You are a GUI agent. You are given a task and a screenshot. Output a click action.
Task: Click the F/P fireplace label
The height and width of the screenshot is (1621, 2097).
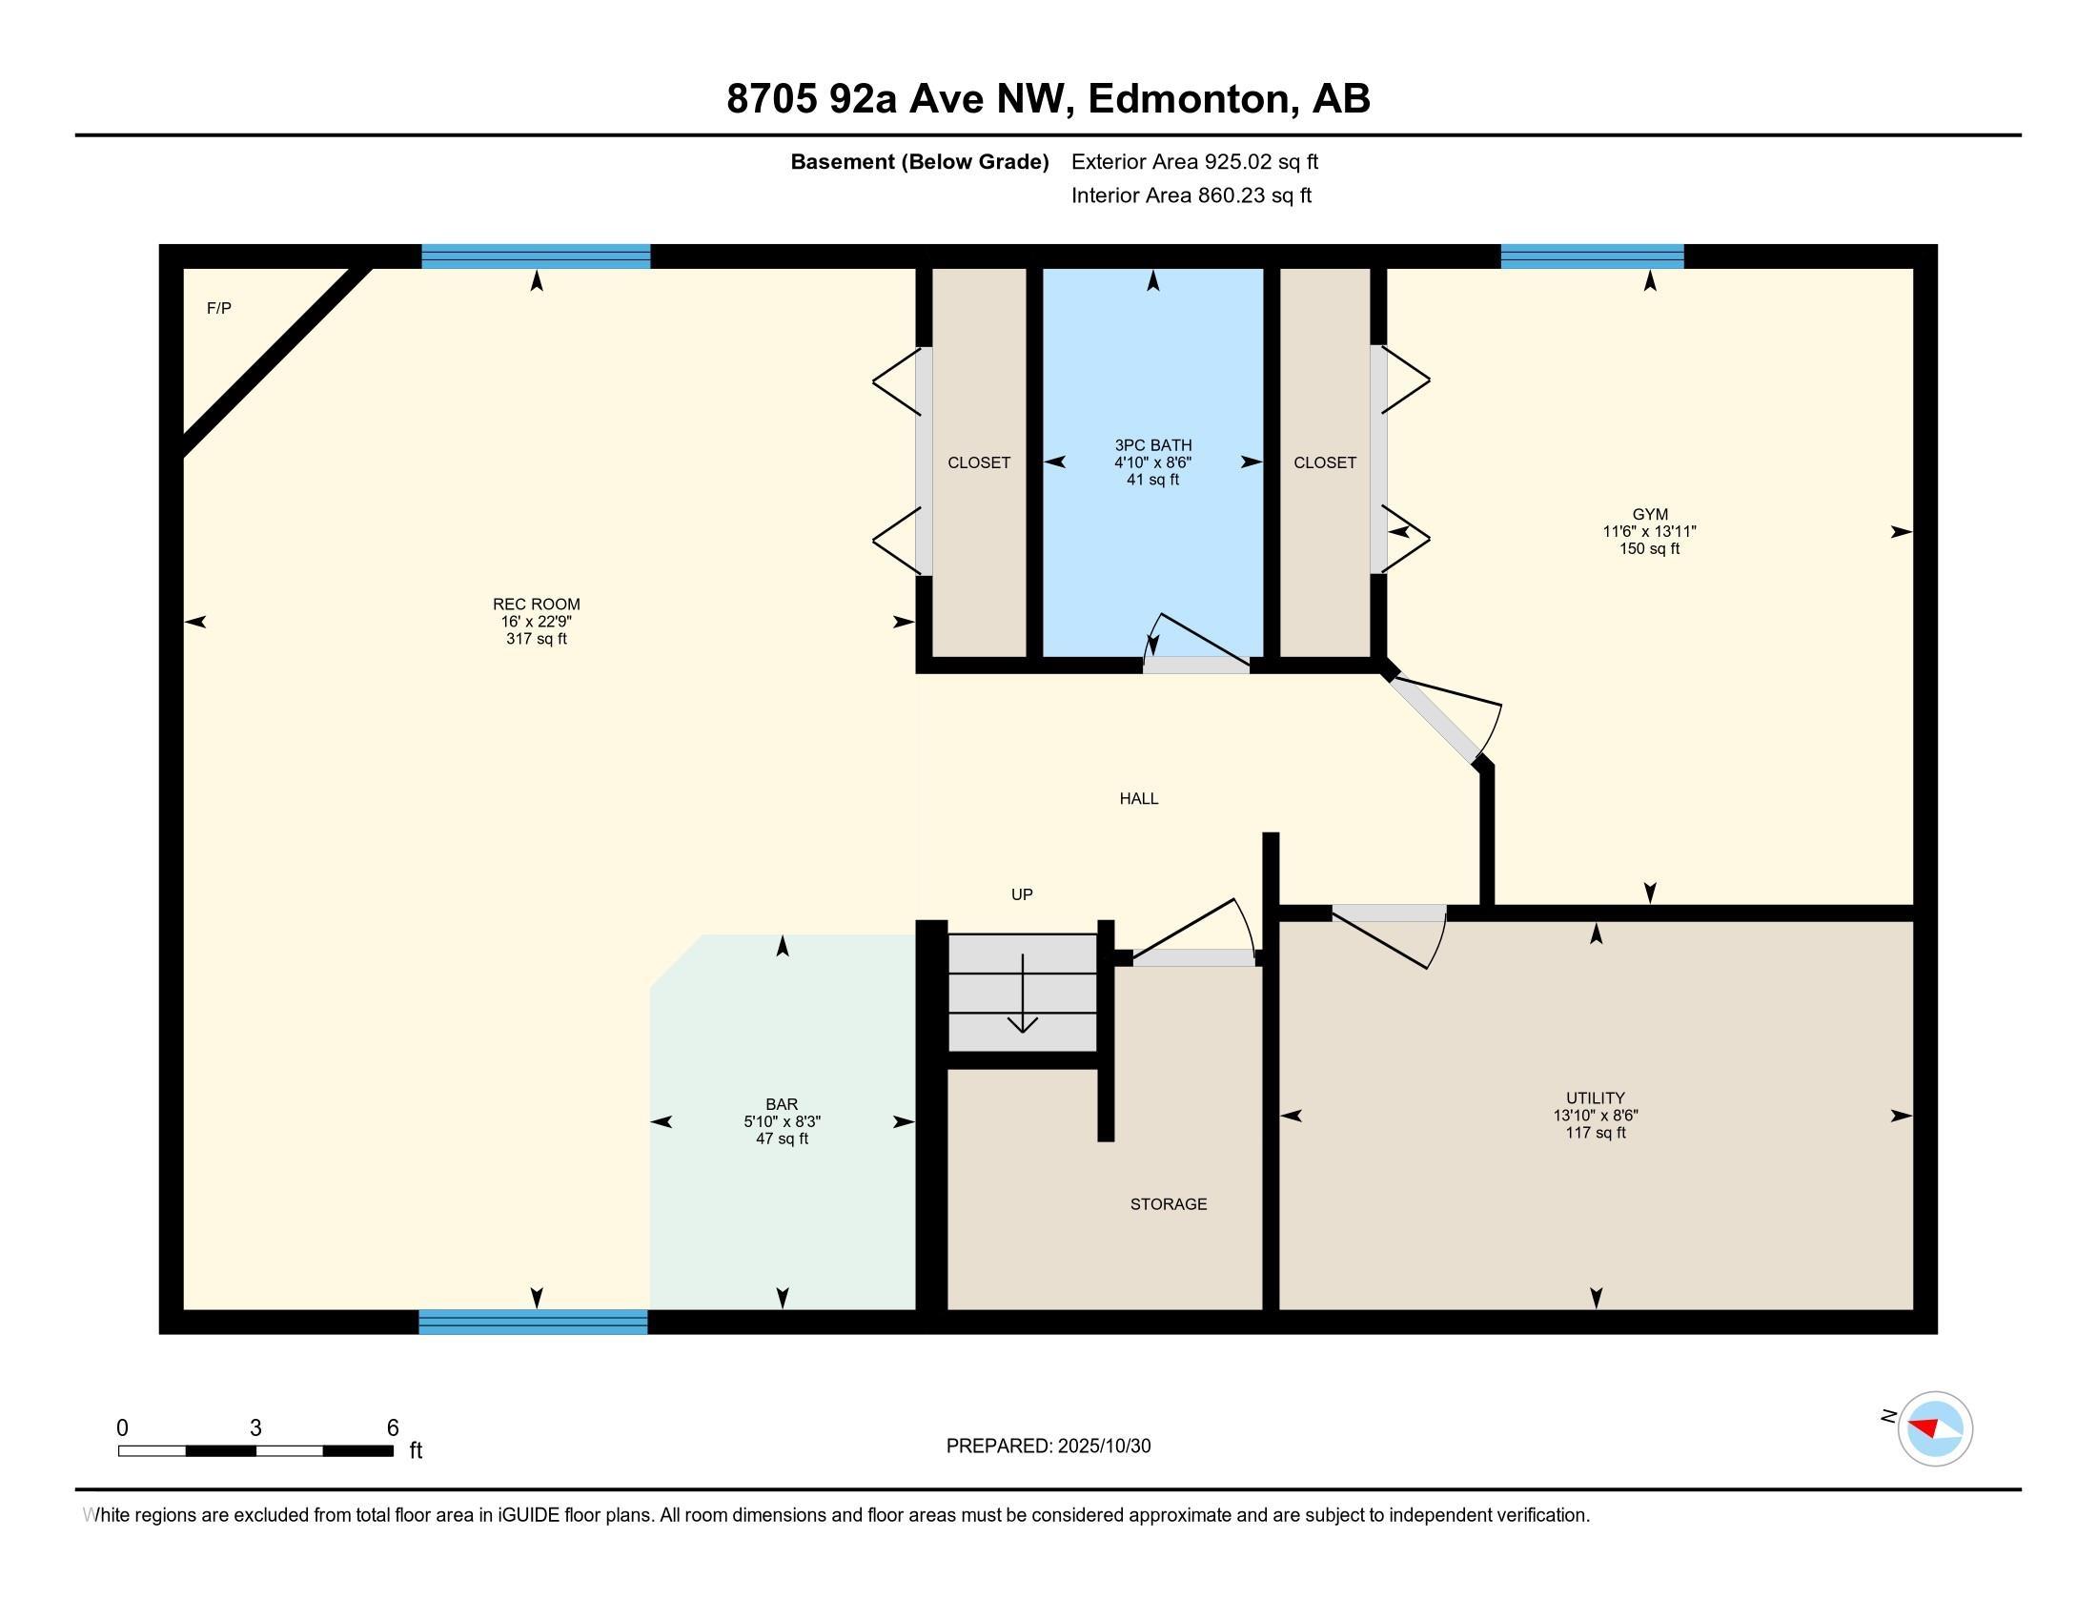[219, 308]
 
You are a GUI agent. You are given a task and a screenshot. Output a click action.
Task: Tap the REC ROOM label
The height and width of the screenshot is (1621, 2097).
[536, 604]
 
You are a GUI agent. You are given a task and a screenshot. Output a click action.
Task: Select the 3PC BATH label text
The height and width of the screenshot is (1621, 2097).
[1153, 445]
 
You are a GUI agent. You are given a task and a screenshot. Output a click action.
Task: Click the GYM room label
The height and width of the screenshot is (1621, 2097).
[1650, 515]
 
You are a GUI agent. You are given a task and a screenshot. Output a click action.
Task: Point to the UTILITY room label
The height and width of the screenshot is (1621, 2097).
[1595, 1098]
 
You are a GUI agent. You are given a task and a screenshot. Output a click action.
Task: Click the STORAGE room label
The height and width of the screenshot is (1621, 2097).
[1168, 1204]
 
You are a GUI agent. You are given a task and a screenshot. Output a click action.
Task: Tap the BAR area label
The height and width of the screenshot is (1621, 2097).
[782, 1104]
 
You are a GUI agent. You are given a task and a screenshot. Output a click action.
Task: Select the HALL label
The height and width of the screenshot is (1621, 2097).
[1139, 798]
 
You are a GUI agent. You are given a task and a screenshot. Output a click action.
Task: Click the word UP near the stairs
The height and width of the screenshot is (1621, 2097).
[1022, 894]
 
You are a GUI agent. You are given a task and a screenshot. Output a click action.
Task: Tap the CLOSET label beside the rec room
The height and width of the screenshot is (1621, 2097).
[978, 462]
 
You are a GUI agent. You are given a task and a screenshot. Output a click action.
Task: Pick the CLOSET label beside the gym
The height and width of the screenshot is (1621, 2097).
[1324, 462]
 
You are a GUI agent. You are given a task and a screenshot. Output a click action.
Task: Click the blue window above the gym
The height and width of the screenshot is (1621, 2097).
[1591, 256]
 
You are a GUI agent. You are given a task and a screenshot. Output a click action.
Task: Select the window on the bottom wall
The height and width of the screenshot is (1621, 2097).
[533, 1322]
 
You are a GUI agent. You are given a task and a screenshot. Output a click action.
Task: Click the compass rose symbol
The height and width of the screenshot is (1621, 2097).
[1934, 1428]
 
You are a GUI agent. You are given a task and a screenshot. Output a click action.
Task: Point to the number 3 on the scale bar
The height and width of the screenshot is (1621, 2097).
[255, 1428]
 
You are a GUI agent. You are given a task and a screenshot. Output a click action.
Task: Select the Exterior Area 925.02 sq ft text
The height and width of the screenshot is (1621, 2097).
[1194, 162]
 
